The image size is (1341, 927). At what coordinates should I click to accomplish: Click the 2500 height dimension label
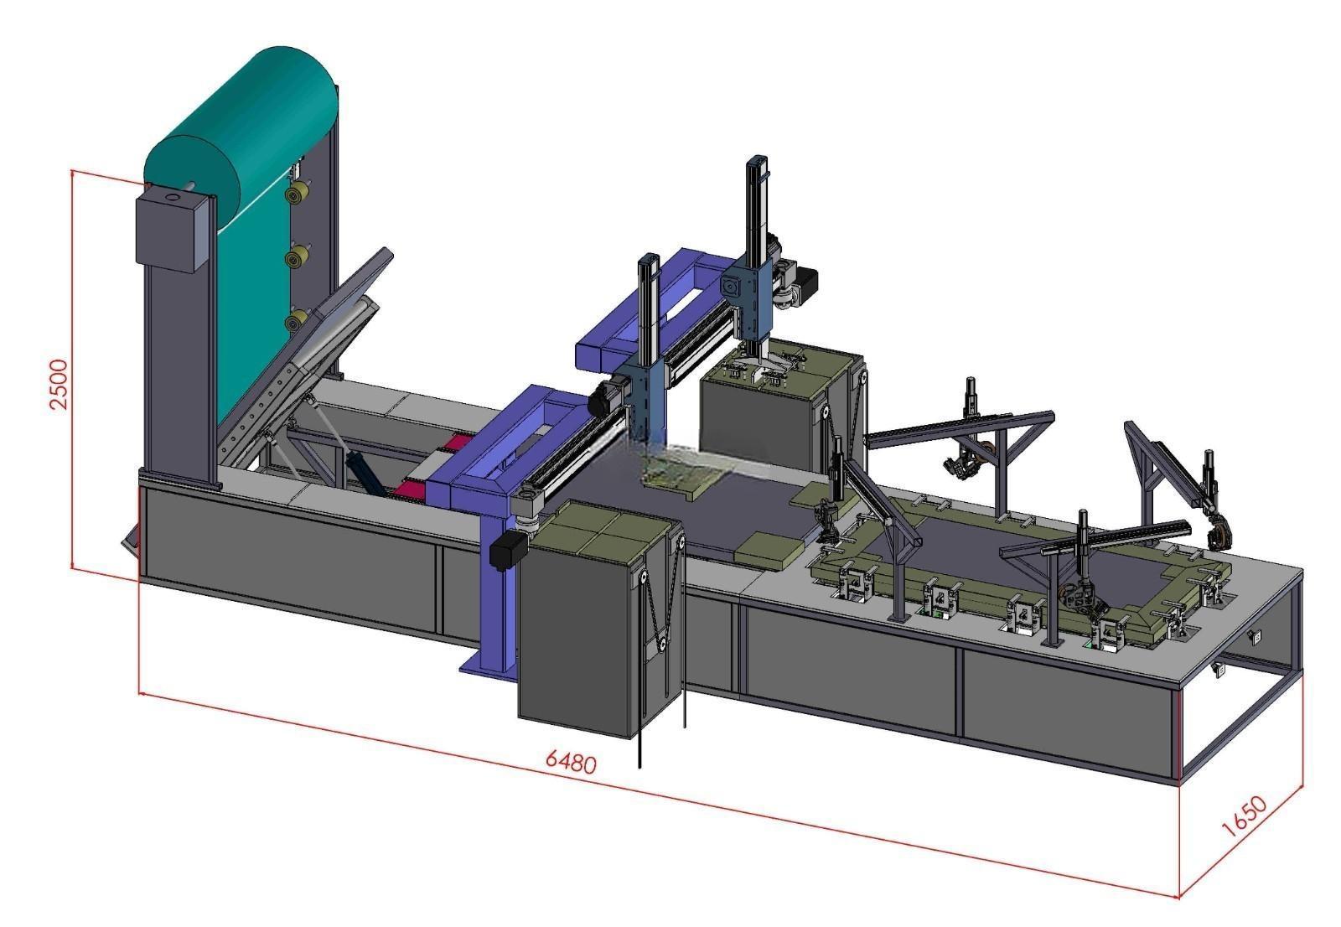tap(59, 384)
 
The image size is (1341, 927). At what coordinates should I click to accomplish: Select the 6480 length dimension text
tap(571, 762)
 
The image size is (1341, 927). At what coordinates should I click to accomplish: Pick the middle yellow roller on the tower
tap(295, 257)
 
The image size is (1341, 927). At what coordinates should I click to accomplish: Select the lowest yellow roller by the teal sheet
tap(295, 320)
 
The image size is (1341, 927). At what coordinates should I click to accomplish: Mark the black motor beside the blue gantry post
tap(508, 549)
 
